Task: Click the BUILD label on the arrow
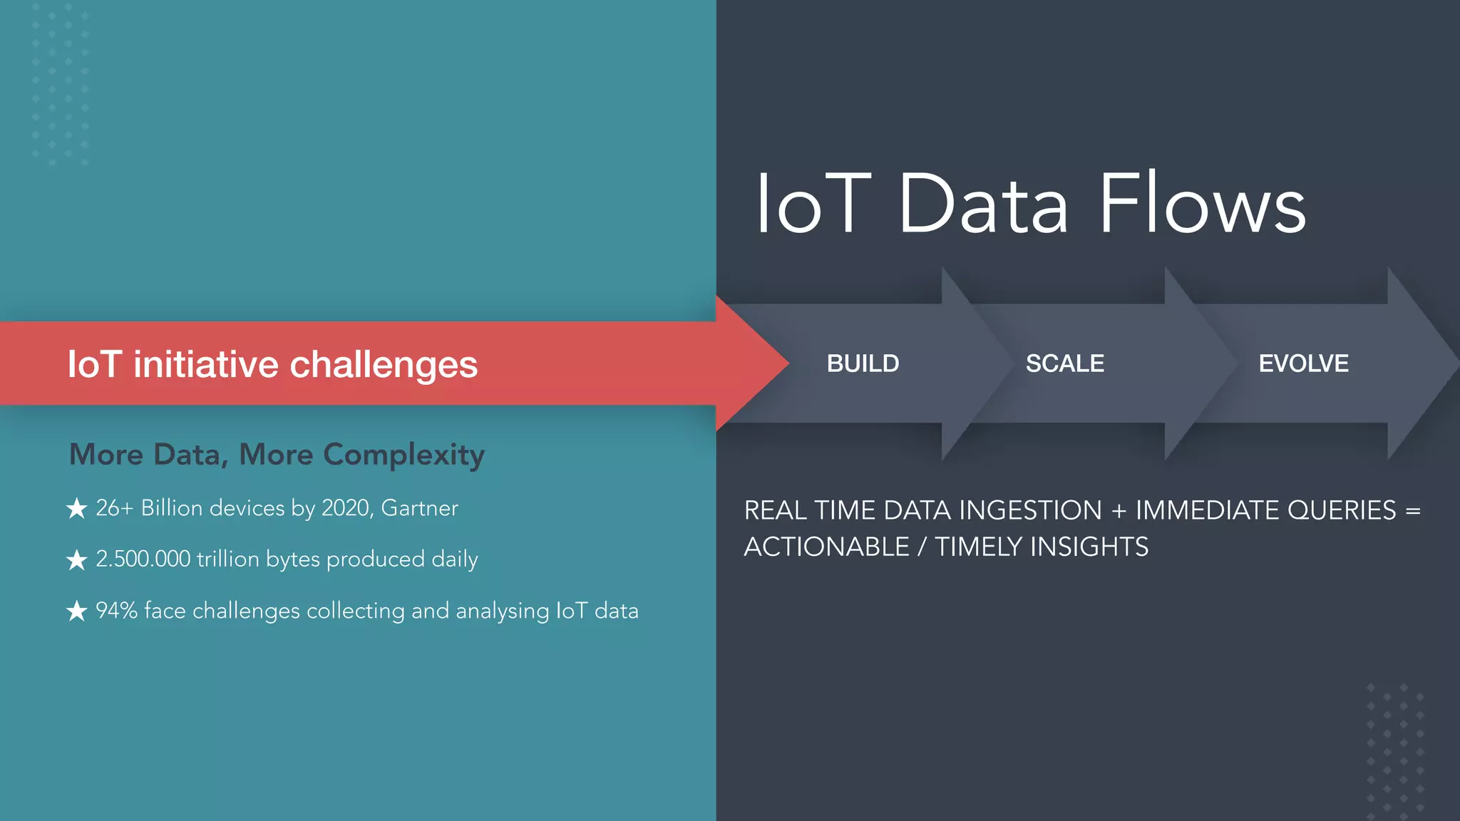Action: pyautogui.click(x=863, y=363)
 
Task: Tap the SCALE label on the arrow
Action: pyautogui.click(x=1064, y=363)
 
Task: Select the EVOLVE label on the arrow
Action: pyautogui.click(x=1303, y=363)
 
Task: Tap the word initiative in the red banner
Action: pyautogui.click(x=206, y=365)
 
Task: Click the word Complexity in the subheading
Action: pyautogui.click(x=403, y=455)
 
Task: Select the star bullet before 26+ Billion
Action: pyautogui.click(x=77, y=508)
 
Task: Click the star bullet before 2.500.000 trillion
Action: pyautogui.click(x=77, y=559)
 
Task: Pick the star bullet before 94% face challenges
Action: pyautogui.click(x=77, y=611)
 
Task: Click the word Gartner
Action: pyautogui.click(x=419, y=508)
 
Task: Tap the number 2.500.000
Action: pyautogui.click(x=143, y=559)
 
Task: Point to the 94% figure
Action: pyautogui.click(x=116, y=611)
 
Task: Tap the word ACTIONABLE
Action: pyautogui.click(x=826, y=547)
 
